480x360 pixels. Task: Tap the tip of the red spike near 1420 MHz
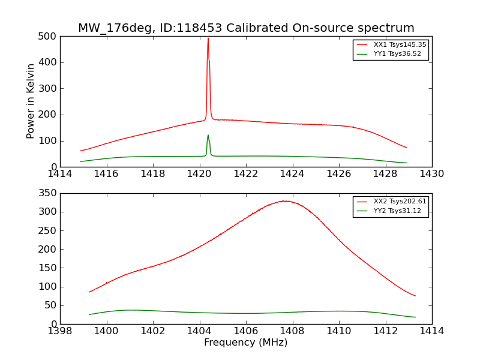tap(208, 38)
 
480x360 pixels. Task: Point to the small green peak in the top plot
tap(208, 135)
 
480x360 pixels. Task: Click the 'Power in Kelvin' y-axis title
tap(31, 101)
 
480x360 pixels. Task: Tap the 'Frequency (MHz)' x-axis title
tap(245, 343)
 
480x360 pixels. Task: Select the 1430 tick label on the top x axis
tap(431, 174)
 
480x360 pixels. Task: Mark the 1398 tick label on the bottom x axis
tap(60, 331)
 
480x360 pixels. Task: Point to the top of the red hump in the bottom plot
tap(286, 201)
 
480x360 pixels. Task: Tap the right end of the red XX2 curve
tap(415, 296)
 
